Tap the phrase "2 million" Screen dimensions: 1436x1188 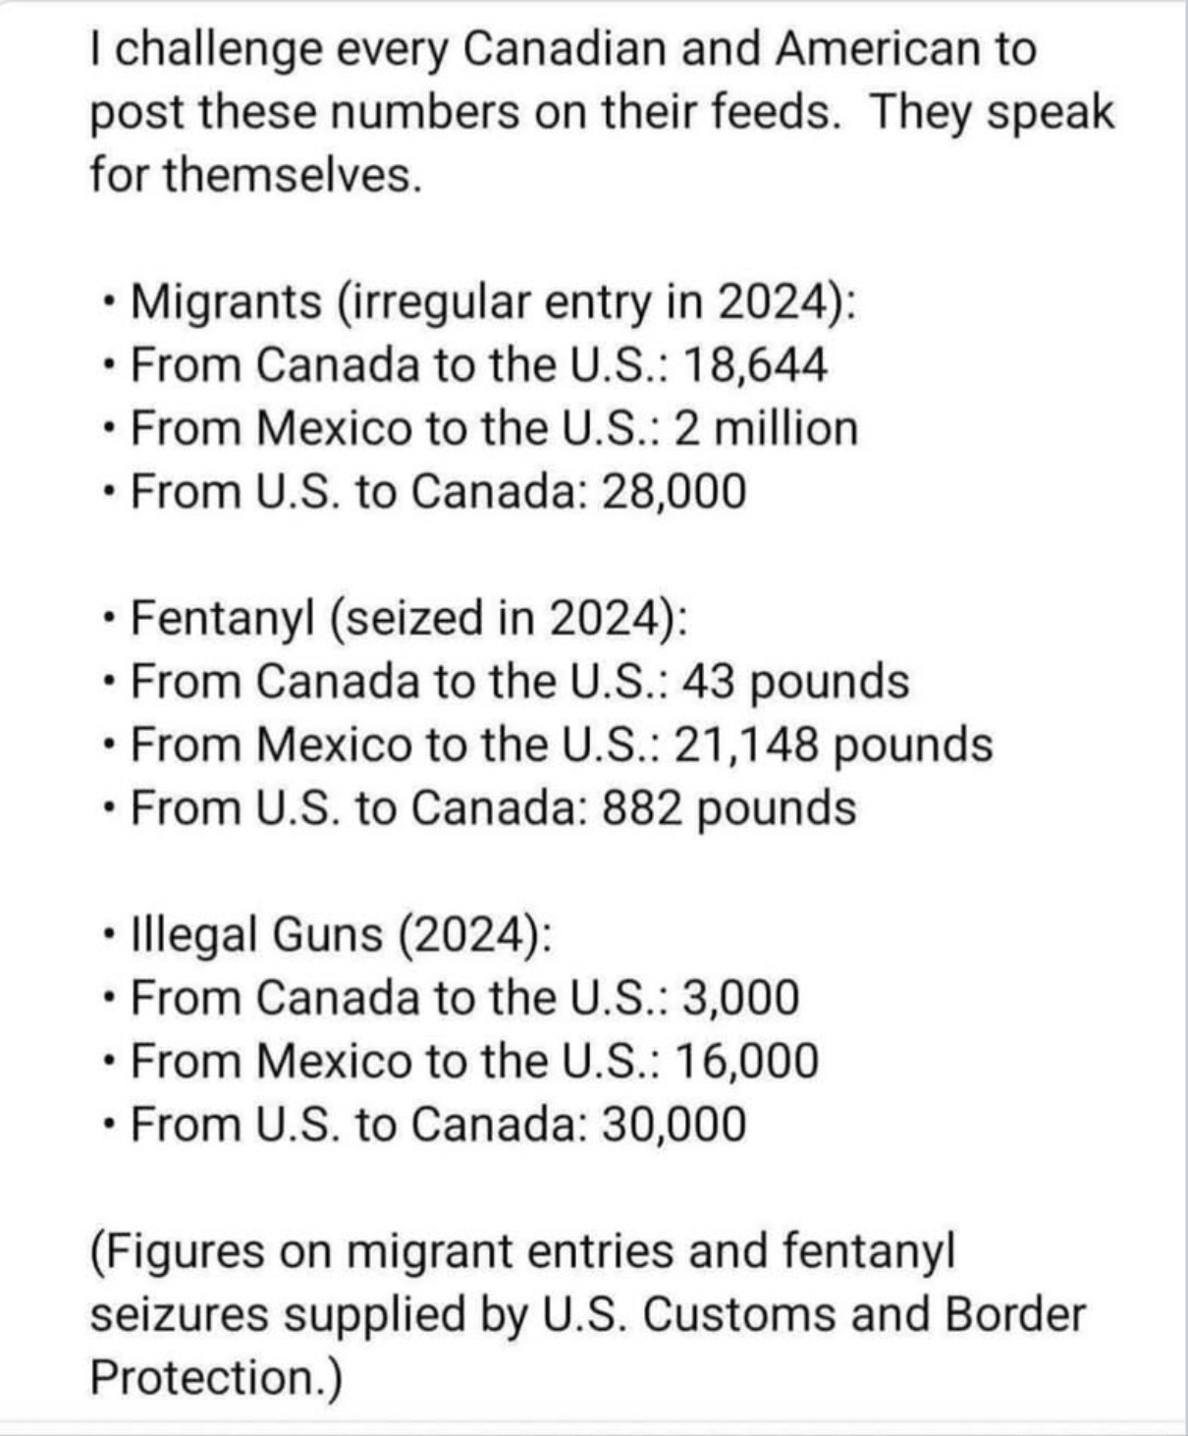(766, 428)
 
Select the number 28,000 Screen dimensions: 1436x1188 (674, 491)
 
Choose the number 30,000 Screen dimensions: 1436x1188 (674, 1124)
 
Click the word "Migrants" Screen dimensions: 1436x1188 (226, 302)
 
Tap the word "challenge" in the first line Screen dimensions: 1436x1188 (222, 49)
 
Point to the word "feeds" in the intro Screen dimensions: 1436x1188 (774, 112)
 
